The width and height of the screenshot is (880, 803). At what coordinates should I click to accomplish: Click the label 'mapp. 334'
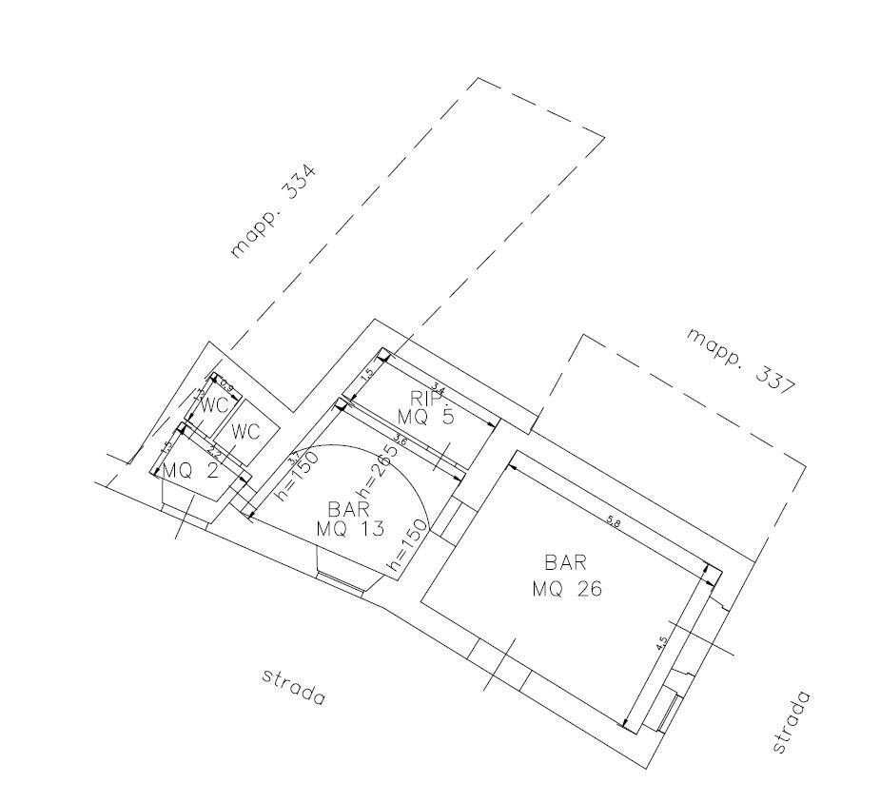click(x=273, y=212)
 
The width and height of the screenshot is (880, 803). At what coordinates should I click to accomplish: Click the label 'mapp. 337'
click(x=742, y=361)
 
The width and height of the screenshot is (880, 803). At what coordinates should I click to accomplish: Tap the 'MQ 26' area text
click(x=567, y=589)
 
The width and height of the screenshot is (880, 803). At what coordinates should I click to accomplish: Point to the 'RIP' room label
click(x=425, y=398)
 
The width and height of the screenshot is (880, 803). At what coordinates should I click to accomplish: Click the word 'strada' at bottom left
click(x=293, y=687)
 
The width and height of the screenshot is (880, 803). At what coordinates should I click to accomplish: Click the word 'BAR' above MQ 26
click(x=566, y=562)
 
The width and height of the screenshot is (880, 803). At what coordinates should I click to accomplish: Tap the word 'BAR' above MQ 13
click(x=348, y=509)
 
